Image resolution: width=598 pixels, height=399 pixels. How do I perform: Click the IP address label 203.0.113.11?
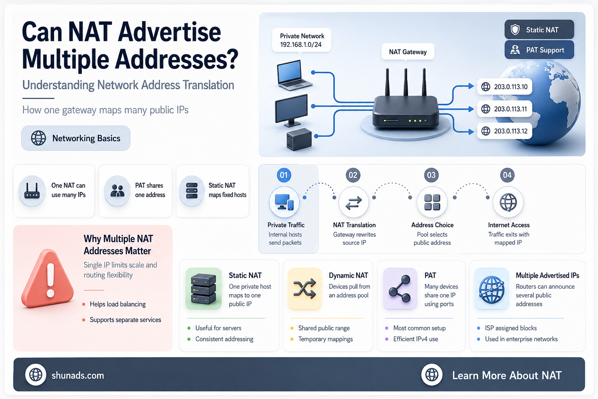[505, 109]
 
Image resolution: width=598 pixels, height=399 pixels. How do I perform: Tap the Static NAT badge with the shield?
[539, 30]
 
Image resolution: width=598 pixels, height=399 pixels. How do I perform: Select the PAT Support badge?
[539, 50]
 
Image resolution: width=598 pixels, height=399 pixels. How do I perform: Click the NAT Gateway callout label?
[408, 52]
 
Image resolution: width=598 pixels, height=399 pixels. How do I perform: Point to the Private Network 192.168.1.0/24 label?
[302, 41]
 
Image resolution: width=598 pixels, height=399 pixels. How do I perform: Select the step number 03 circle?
[431, 175]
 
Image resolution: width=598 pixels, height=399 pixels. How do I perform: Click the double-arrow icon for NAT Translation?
[354, 203]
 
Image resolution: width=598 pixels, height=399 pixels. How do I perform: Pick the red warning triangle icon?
[48, 279]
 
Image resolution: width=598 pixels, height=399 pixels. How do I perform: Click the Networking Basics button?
[76, 138]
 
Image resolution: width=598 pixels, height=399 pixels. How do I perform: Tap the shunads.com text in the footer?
[78, 376]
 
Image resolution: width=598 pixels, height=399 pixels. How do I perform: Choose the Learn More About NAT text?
[507, 376]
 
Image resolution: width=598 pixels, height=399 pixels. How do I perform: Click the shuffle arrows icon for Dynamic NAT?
[304, 289]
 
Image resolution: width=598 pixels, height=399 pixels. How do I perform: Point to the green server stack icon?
[204, 289]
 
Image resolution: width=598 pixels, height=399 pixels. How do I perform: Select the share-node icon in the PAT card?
[400, 289]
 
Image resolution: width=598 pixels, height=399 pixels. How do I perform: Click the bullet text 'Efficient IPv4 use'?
[416, 339]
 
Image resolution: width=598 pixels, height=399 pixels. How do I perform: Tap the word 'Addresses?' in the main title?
[176, 59]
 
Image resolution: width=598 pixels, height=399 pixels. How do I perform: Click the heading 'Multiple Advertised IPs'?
[547, 275]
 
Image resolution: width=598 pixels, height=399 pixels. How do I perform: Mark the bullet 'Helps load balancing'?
[118, 304]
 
